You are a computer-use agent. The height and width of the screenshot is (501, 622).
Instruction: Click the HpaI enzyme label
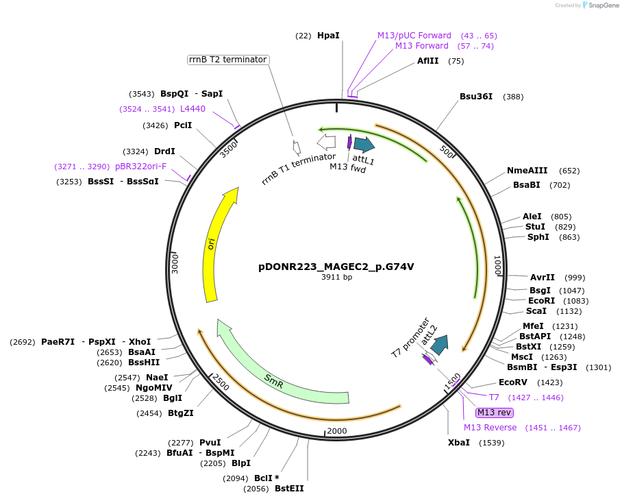328,35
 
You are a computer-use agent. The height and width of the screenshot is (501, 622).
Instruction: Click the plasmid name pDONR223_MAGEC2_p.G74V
336,267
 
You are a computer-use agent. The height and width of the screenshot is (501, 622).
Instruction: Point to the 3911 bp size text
336,278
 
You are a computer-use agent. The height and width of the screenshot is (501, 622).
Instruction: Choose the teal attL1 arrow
364,145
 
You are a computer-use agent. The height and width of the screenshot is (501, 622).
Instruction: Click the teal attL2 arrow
438,345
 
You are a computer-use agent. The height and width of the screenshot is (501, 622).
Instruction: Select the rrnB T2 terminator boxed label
228,60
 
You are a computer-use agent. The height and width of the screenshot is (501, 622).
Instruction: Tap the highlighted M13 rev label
495,413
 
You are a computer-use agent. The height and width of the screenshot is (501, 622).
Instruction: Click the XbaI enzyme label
459,443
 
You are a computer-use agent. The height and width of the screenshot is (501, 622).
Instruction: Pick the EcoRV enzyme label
512,382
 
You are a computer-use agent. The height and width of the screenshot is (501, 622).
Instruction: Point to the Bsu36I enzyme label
476,97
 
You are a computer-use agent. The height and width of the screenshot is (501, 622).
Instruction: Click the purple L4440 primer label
192,108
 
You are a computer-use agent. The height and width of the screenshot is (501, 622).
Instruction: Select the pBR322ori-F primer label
140,167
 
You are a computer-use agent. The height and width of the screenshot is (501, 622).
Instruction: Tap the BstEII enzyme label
289,489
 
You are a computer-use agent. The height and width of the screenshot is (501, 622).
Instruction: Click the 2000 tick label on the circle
337,431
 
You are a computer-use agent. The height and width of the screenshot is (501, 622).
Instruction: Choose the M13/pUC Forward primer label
414,35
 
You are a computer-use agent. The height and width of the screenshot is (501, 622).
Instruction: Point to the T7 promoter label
410,338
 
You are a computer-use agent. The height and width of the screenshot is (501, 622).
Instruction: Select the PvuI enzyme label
210,442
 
